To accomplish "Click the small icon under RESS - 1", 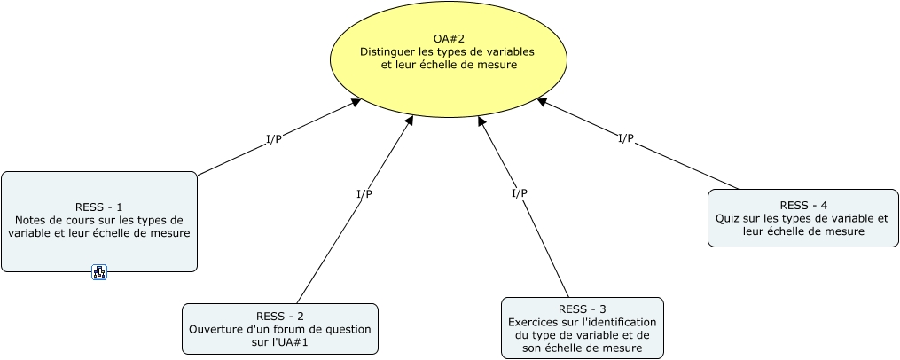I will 99,272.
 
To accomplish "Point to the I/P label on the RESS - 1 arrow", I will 274,139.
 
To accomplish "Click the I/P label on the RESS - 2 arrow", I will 364,193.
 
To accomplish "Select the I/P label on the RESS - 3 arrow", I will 520,192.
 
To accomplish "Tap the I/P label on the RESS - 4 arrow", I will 626,137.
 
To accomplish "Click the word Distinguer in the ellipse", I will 388,51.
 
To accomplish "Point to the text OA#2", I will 448,38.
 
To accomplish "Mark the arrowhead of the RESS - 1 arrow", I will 356,102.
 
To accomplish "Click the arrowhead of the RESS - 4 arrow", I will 542,102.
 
